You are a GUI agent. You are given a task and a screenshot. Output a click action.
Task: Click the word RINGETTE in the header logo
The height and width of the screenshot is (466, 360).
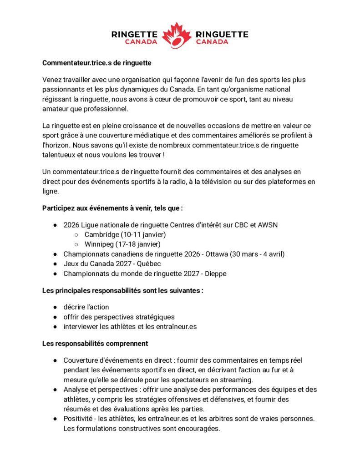(x=135, y=34)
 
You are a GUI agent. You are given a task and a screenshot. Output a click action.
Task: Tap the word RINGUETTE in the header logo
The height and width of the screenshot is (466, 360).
(x=222, y=34)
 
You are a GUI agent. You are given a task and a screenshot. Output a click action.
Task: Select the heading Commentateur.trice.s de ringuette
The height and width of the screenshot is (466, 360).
(x=96, y=62)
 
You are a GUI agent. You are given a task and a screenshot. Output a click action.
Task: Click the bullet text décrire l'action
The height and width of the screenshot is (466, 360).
(x=86, y=307)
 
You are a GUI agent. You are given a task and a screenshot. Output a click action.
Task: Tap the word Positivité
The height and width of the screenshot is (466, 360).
(x=79, y=418)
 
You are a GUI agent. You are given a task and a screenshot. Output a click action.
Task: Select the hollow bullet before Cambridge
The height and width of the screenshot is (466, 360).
(x=76, y=235)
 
